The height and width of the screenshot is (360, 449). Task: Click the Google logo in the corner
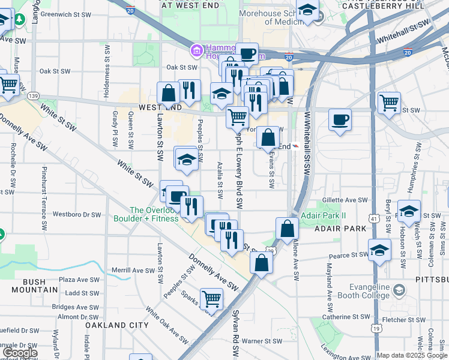click(20, 353)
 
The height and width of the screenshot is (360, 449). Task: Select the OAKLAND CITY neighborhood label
click(116, 325)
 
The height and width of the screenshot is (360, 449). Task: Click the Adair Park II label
click(324, 216)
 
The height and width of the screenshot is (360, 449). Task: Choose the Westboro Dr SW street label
click(77, 214)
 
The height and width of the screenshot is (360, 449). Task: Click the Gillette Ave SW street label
click(345, 200)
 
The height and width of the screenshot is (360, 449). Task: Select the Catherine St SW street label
click(346, 316)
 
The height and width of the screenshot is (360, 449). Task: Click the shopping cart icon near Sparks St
click(211, 298)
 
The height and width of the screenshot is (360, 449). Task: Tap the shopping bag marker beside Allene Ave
click(288, 228)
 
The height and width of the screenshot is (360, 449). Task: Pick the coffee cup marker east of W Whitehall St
click(340, 120)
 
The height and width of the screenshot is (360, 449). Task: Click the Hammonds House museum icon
click(196, 51)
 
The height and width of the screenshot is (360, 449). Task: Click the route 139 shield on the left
click(33, 96)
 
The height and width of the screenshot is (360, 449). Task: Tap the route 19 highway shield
click(375, 328)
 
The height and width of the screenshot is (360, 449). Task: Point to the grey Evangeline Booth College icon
click(399, 292)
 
